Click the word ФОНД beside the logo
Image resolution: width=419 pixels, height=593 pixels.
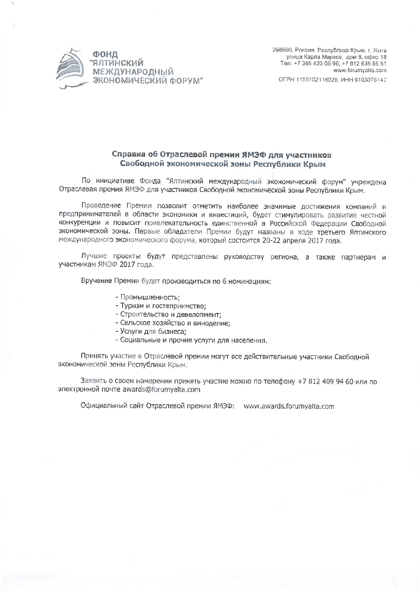click(x=105, y=55)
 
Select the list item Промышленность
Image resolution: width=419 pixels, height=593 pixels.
click(x=150, y=297)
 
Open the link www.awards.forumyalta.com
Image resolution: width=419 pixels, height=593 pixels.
click(x=289, y=406)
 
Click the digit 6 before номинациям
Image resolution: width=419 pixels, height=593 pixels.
click(x=224, y=282)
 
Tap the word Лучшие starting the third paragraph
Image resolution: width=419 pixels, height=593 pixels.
click(x=94, y=257)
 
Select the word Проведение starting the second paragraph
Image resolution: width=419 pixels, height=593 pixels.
click(x=101, y=206)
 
